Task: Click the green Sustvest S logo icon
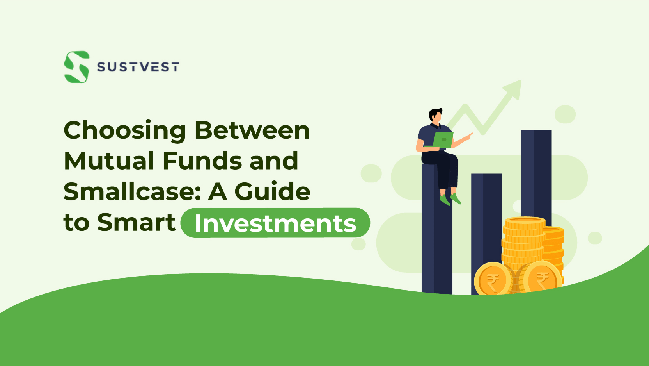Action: click(77, 67)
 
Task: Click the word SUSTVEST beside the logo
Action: click(138, 67)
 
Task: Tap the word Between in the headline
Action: click(252, 130)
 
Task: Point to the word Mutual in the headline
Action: click(109, 161)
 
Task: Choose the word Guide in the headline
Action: click(272, 191)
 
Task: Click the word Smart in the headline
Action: click(136, 222)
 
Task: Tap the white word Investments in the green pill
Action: click(275, 223)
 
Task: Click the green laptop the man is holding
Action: click(443, 140)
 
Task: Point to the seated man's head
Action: click(436, 115)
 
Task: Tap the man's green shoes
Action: click(450, 199)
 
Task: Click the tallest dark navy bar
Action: click(536, 172)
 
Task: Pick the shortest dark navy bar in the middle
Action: click(486, 219)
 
